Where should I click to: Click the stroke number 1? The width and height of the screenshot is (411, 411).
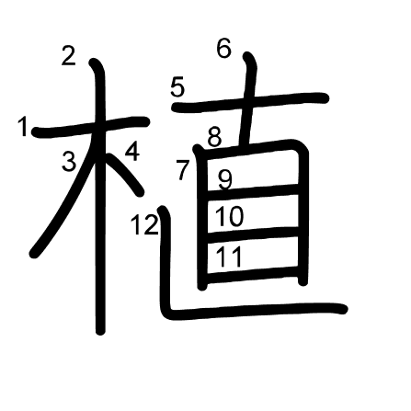(22, 127)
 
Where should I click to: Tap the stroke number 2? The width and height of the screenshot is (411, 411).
(68, 55)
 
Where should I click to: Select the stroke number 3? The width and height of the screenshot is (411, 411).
(69, 161)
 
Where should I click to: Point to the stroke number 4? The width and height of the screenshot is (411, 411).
(132, 153)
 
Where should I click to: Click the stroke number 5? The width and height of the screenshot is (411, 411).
(177, 87)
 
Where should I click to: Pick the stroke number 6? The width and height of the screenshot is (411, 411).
(223, 49)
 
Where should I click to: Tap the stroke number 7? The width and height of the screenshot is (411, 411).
(183, 170)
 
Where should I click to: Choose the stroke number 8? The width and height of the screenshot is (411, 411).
(214, 137)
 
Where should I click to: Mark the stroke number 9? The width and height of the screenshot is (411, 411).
(225, 180)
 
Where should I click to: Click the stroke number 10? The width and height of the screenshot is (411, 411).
(230, 216)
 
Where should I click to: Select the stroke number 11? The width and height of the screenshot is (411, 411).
(229, 257)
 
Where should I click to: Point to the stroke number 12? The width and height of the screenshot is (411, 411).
(144, 225)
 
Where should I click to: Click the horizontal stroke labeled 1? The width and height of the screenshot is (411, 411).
(91, 127)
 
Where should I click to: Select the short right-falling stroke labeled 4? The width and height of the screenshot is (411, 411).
(126, 173)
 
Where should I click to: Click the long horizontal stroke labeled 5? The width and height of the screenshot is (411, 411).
(250, 102)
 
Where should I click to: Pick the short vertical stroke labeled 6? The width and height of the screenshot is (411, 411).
(250, 98)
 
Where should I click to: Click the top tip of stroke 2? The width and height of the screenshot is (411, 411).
(94, 62)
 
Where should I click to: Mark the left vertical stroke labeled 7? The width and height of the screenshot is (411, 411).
(201, 218)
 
